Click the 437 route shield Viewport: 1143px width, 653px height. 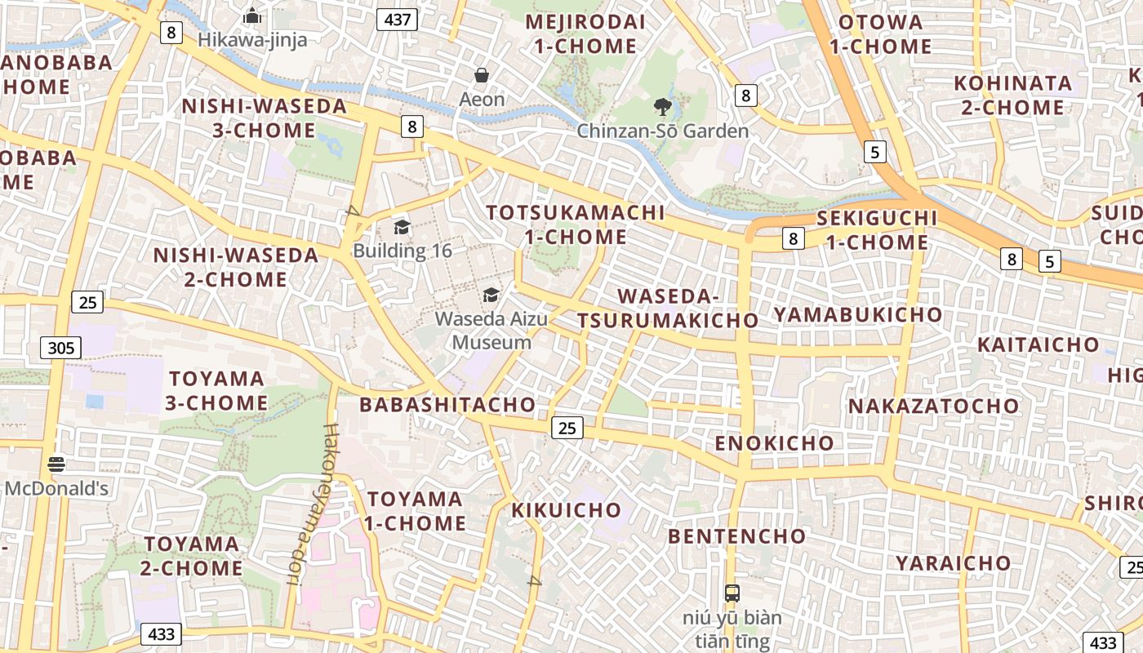(397, 20)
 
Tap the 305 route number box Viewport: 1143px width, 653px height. (60, 349)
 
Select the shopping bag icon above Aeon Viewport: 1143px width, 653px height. (482, 76)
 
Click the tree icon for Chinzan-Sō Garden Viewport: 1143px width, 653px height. (662, 106)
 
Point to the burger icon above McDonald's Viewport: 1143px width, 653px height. (56, 464)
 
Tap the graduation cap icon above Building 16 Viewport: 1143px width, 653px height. (402, 227)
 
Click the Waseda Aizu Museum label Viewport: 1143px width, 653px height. (491, 330)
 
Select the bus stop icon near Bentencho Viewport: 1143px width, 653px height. (732, 593)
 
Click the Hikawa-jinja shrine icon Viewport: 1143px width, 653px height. (252, 16)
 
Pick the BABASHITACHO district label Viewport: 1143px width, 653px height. (447, 405)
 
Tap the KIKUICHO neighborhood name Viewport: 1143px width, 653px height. (567, 511)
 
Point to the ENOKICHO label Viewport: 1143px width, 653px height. (775, 443)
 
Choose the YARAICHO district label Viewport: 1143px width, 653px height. (953, 563)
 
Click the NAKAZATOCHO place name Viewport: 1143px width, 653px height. (934, 406)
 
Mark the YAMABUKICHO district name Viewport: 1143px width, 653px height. (857, 314)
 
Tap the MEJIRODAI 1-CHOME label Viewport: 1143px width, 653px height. (585, 34)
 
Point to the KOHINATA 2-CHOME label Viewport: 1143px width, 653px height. (1012, 95)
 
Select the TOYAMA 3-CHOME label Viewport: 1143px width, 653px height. (217, 390)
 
